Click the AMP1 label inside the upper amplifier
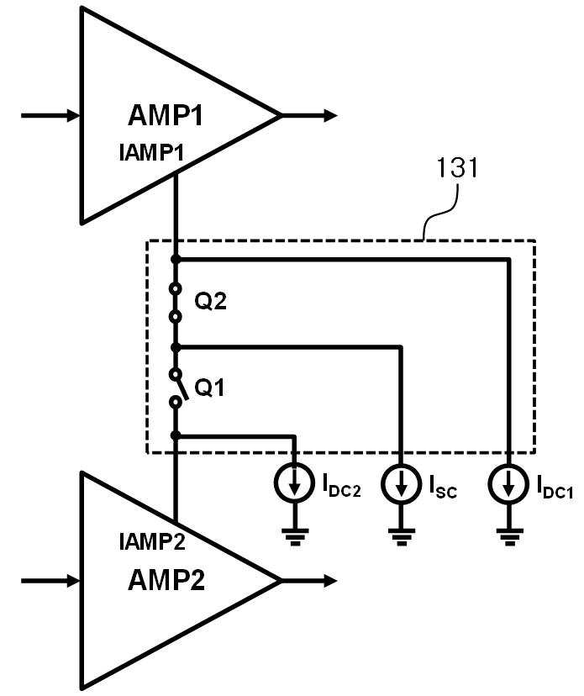coord(165,115)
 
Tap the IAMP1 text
coord(152,153)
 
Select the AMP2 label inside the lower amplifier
coord(166,580)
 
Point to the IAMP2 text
coord(152,542)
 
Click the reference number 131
coord(457,168)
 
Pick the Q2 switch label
coord(210,302)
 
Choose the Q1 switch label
coord(210,388)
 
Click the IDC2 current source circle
coord(294,483)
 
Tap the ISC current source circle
coord(401,483)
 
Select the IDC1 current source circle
coord(508,483)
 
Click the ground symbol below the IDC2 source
coord(294,536)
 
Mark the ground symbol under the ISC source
coord(401,536)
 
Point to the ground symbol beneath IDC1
coord(508,536)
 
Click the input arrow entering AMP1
coord(50,115)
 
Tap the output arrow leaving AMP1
coord(309,115)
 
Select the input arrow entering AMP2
coord(50,580)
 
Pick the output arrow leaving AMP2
coord(309,580)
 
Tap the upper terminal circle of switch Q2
coord(176,289)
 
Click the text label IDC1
coord(555,486)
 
